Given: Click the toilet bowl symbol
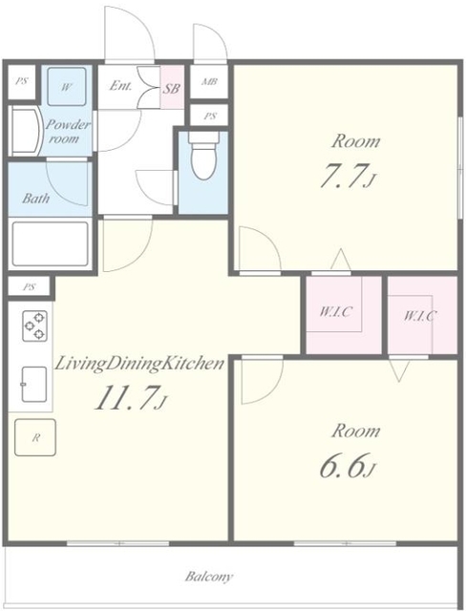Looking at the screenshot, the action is pyautogui.click(x=203, y=156).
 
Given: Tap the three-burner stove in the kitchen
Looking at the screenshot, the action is pyautogui.click(x=34, y=326).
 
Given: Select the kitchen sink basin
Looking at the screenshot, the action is pyautogui.click(x=33, y=384).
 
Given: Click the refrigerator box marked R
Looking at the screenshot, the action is pyautogui.click(x=35, y=437).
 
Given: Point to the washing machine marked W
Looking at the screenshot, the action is pyautogui.click(x=66, y=87).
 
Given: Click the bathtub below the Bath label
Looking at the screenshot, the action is pyautogui.click(x=50, y=244).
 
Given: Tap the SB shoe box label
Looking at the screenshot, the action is pyautogui.click(x=171, y=88).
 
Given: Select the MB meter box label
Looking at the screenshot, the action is pyautogui.click(x=209, y=82).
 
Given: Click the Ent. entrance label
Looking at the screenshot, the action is pyautogui.click(x=120, y=85).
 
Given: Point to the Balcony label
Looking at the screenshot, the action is pyautogui.click(x=209, y=576).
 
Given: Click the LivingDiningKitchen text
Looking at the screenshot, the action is pyautogui.click(x=139, y=364).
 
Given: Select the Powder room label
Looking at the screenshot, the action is pyautogui.click(x=68, y=132).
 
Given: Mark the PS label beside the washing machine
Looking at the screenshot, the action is pyautogui.click(x=22, y=82).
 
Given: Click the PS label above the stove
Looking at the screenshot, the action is pyautogui.click(x=30, y=287).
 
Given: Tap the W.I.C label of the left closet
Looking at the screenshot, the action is pyautogui.click(x=336, y=312).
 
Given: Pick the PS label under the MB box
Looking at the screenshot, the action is pyautogui.click(x=210, y=116).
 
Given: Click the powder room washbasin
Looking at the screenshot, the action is pyautogui.click(x=26, y=132).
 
